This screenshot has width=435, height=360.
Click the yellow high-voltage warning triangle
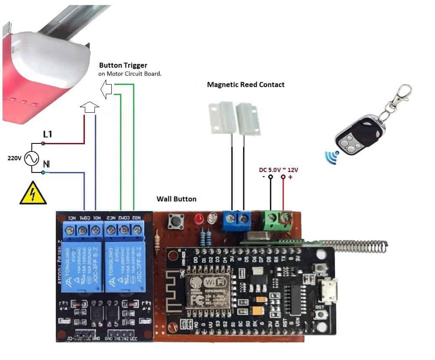coord(33,194)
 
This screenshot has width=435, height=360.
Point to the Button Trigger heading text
coord(123,66)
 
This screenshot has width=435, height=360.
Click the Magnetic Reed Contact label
coord(246,85)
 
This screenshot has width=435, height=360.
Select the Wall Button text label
coord(176,199)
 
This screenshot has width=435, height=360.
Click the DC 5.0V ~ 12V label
coord(278,169)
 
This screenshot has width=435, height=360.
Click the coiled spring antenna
coord(355,246)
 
